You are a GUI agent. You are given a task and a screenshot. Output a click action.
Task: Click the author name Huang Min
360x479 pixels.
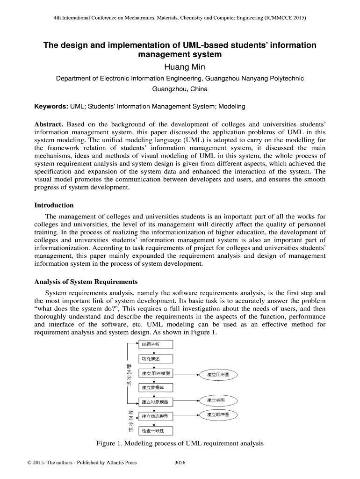[x=180, y=67]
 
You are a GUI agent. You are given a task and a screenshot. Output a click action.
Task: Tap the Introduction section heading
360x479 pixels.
[x=54, y=205]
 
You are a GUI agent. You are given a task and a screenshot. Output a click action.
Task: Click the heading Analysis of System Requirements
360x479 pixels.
[x=86, y=282]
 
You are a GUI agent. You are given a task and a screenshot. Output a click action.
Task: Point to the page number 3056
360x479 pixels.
[x=180, y=463]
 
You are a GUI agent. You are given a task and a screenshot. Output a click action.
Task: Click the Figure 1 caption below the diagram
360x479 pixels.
[x=180, y=443]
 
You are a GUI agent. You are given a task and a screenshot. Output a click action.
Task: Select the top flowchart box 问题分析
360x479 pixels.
[x=156, y=345]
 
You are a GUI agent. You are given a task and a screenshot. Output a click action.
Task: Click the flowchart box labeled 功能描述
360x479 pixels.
[x=156, y=359]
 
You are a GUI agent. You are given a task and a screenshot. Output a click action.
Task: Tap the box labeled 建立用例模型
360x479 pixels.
[x=156, y=374]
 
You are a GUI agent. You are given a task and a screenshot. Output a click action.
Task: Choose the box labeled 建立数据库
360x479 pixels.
[x=156, y=388]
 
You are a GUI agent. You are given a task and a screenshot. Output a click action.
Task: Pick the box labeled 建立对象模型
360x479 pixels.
[x=156, y=402]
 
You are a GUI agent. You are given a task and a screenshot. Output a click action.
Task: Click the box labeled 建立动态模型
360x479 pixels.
[x=156, y=416]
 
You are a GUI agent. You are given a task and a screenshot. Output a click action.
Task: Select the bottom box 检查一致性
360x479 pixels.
[x=156, y=430]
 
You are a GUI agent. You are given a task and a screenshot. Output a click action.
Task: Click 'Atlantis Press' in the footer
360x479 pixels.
[x=121, y=463]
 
